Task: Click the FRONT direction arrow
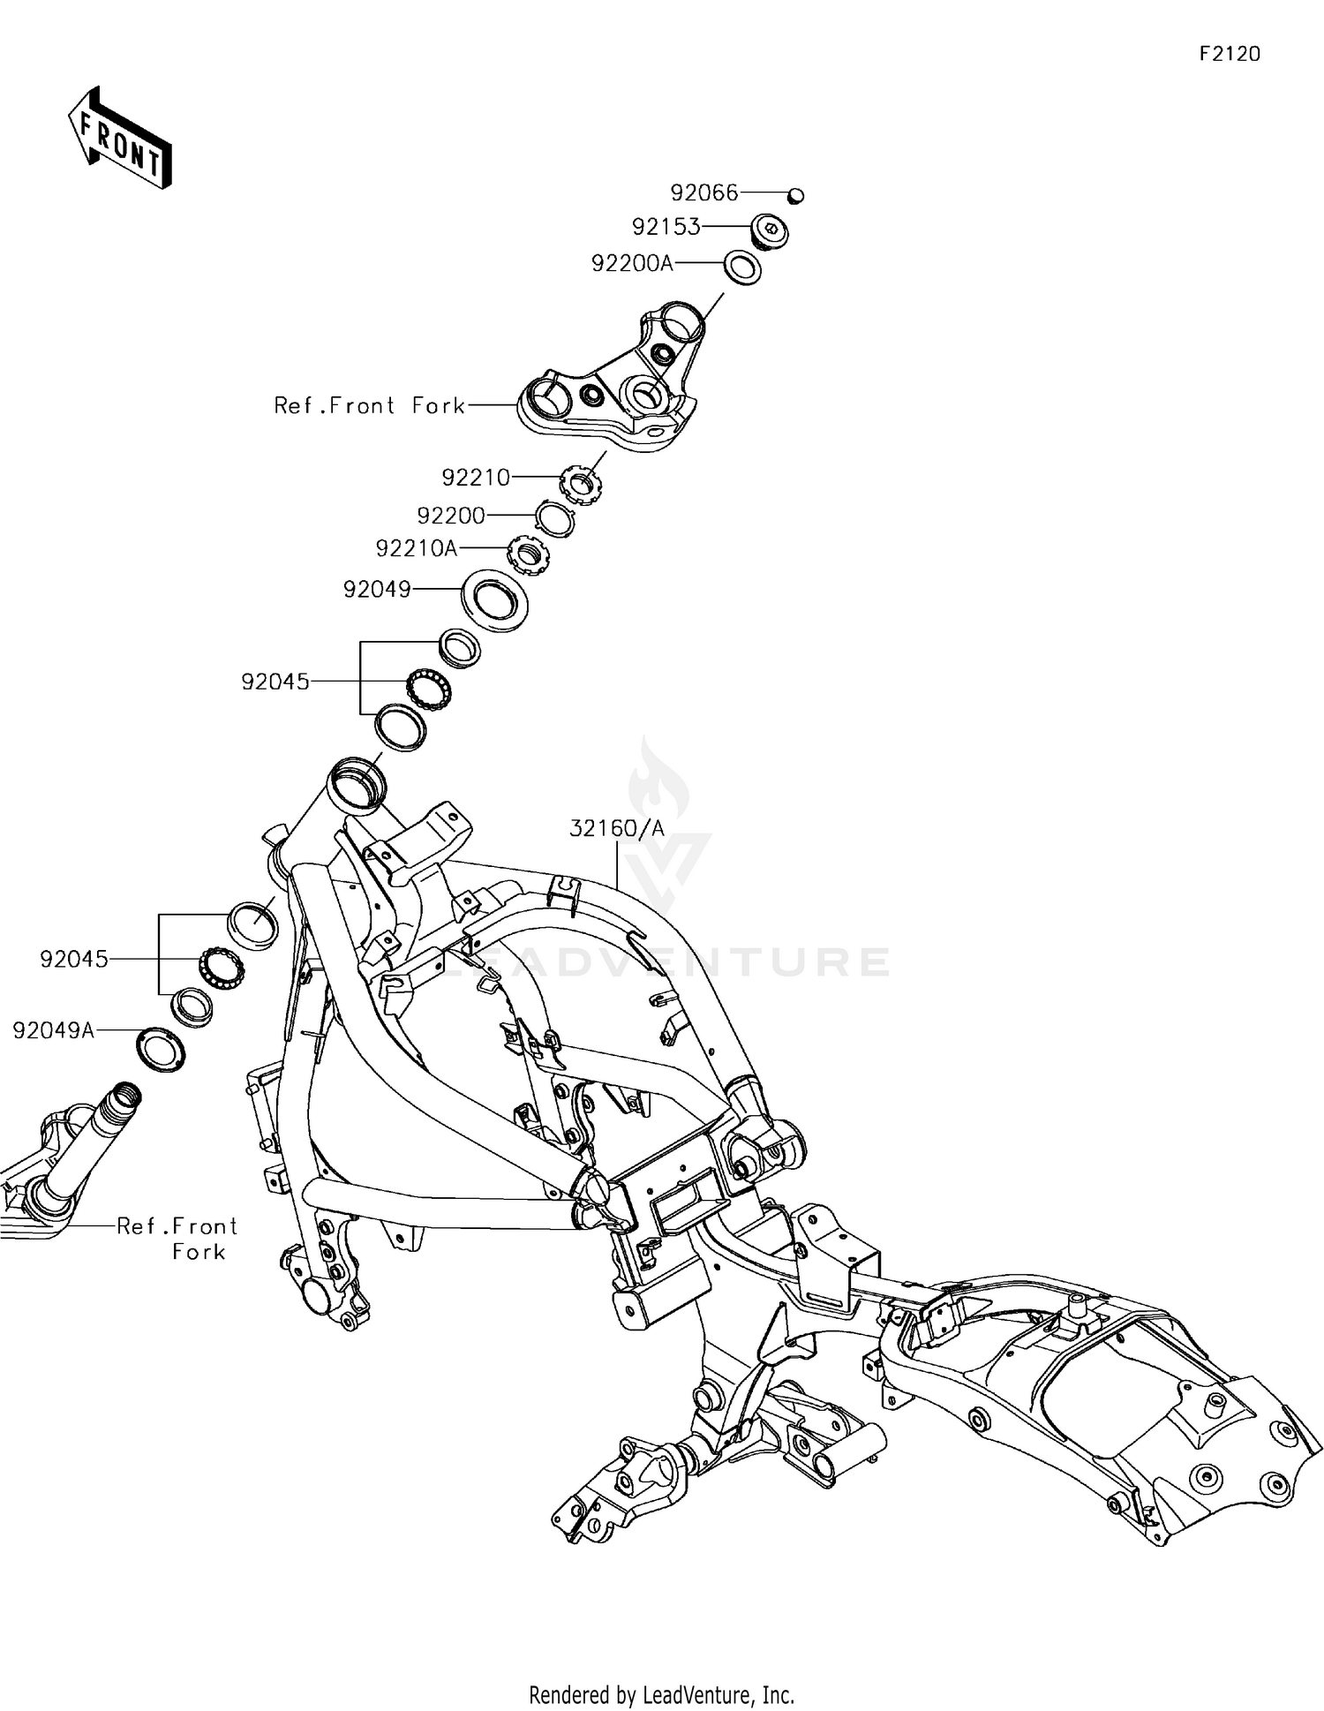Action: tap(120, 139)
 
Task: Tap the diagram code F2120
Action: tap(1230, 55)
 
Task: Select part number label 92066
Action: tap(703, 192)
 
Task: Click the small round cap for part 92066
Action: tap(795, 195)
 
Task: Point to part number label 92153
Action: tap(666, 227)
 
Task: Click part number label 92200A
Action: tap(632, 263)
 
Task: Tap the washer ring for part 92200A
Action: tap(742, 268)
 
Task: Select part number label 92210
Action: tap(476, 478)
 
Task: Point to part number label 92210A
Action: tap(417, 548)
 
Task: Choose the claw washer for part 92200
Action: tap(556, 516)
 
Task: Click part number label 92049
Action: tap(377, 589)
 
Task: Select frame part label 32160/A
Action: tap(616, 828)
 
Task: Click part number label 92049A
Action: tap(53, 1030)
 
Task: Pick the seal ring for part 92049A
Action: tap(162, 1050)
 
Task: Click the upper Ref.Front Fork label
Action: tap(369, 405)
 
